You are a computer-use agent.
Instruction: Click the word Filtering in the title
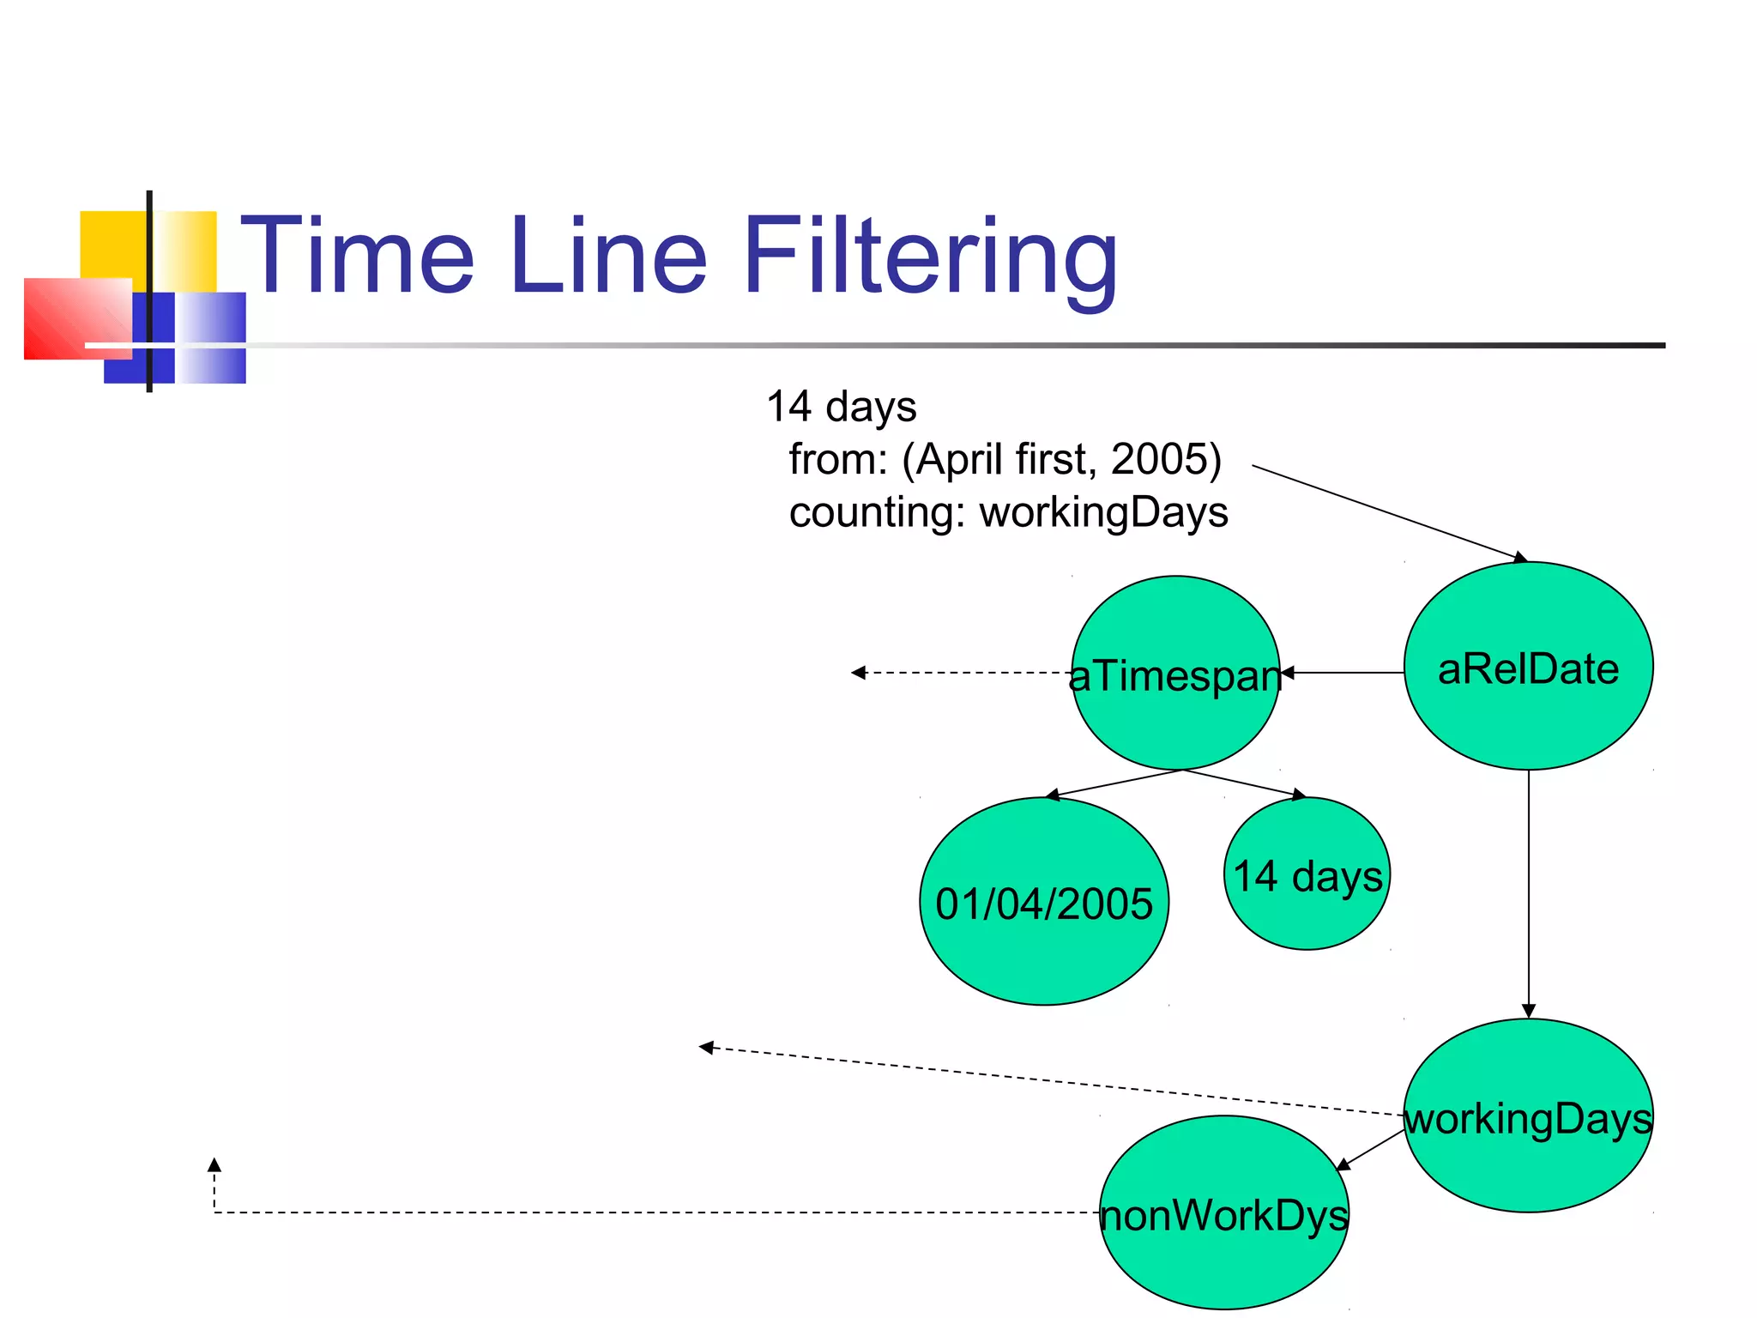pyautogui.click(x=931, y=257)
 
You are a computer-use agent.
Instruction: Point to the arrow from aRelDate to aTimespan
pyautogui.click(x=1343, y=673)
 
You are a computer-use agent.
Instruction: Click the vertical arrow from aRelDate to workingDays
pyautogui.click(x=1528, y=892)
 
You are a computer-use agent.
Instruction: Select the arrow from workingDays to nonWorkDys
pyautogui.click(x=1371, y=1150)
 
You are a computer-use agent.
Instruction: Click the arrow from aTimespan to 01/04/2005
pyautogui.click(x=1115, y=783)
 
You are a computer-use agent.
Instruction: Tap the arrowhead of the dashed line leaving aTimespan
pyautogui.click(x=858, y=673)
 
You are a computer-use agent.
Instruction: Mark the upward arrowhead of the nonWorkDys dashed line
pyautogui.click(x=214, y=1165)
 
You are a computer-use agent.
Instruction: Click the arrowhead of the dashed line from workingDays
pyautogui.click(x=706, y=1048)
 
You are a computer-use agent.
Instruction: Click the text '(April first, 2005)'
pyautogui.click(x=1061, y=459)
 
